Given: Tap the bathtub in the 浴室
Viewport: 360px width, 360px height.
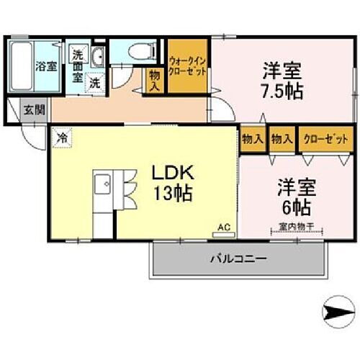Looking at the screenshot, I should click(x=22, y=66).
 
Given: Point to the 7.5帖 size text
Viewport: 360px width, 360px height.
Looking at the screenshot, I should click(x=282, y=91).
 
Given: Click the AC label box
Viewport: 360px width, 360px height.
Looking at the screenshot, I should click(x=223, y=228).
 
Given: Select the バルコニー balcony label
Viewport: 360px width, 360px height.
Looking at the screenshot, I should click(x=238, y=257).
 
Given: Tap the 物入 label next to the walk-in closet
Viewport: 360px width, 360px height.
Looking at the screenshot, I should click(x=155, y=78).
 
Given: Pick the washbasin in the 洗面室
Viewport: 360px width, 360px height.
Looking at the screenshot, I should click(x=99, y=58).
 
